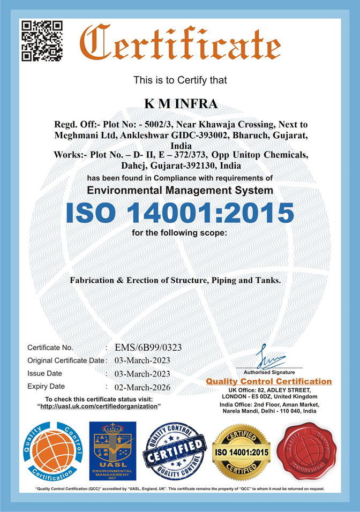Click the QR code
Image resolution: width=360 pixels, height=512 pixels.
pyautogui.click(x=42, y=41)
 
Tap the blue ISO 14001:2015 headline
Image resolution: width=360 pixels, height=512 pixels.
pyautogui.click(x=180, y=213)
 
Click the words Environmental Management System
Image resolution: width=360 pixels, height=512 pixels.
pyautogui.click(x=180, y=190)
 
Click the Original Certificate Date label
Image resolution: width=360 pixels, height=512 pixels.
pyautogui.click(x=66, y=360)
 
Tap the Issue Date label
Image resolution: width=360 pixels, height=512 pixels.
pyautogui.click(x=44, y=373)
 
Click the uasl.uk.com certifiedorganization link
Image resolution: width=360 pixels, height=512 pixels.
pyautogui.click(x=100, y=406)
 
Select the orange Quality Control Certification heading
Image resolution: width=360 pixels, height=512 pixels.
pyautogui.click(x=269, y=381)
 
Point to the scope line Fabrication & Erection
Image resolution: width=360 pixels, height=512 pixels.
pyautogui.click(x=176, y=280)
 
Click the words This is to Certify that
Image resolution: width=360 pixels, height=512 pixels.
pyautogui.click(x=180, y=80)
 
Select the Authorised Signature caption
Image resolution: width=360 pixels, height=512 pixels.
pyautogui.click(x=269, y=372)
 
